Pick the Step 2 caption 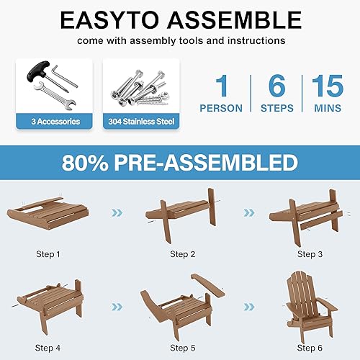(x=184, y=253)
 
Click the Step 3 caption (x=311, y=253)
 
